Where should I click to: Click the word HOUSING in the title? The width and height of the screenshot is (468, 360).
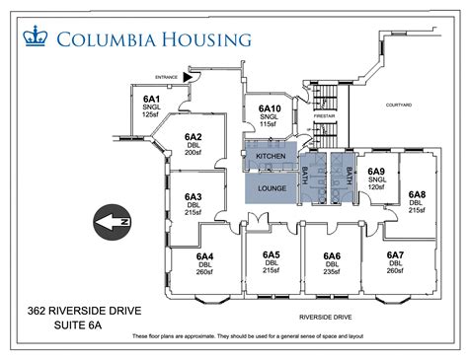(x=198, y=39)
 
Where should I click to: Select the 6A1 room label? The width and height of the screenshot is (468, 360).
(x=151, y=100)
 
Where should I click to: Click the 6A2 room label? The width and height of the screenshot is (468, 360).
(x=194, y=138)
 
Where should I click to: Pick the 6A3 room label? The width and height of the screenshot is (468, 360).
(x=193, y=196)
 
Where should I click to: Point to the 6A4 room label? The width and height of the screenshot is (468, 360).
(x=205, y=256)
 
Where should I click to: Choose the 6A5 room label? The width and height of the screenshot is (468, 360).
(x=272, y=255)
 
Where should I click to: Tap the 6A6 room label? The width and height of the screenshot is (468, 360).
(x=332, y=256)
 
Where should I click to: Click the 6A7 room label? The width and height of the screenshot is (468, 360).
(x=395, y=255)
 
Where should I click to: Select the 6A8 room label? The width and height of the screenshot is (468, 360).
(x=417, y=194)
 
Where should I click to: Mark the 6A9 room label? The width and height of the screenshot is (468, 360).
(x=377, y=172)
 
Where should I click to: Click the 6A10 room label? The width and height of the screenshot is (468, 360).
(x=270, y=108)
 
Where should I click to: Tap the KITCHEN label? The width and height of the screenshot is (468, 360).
(x=271, y=157)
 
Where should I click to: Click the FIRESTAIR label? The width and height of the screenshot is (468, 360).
(x=326, y=115)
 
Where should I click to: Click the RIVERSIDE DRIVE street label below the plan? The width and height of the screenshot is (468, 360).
(x=326, y=318)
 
